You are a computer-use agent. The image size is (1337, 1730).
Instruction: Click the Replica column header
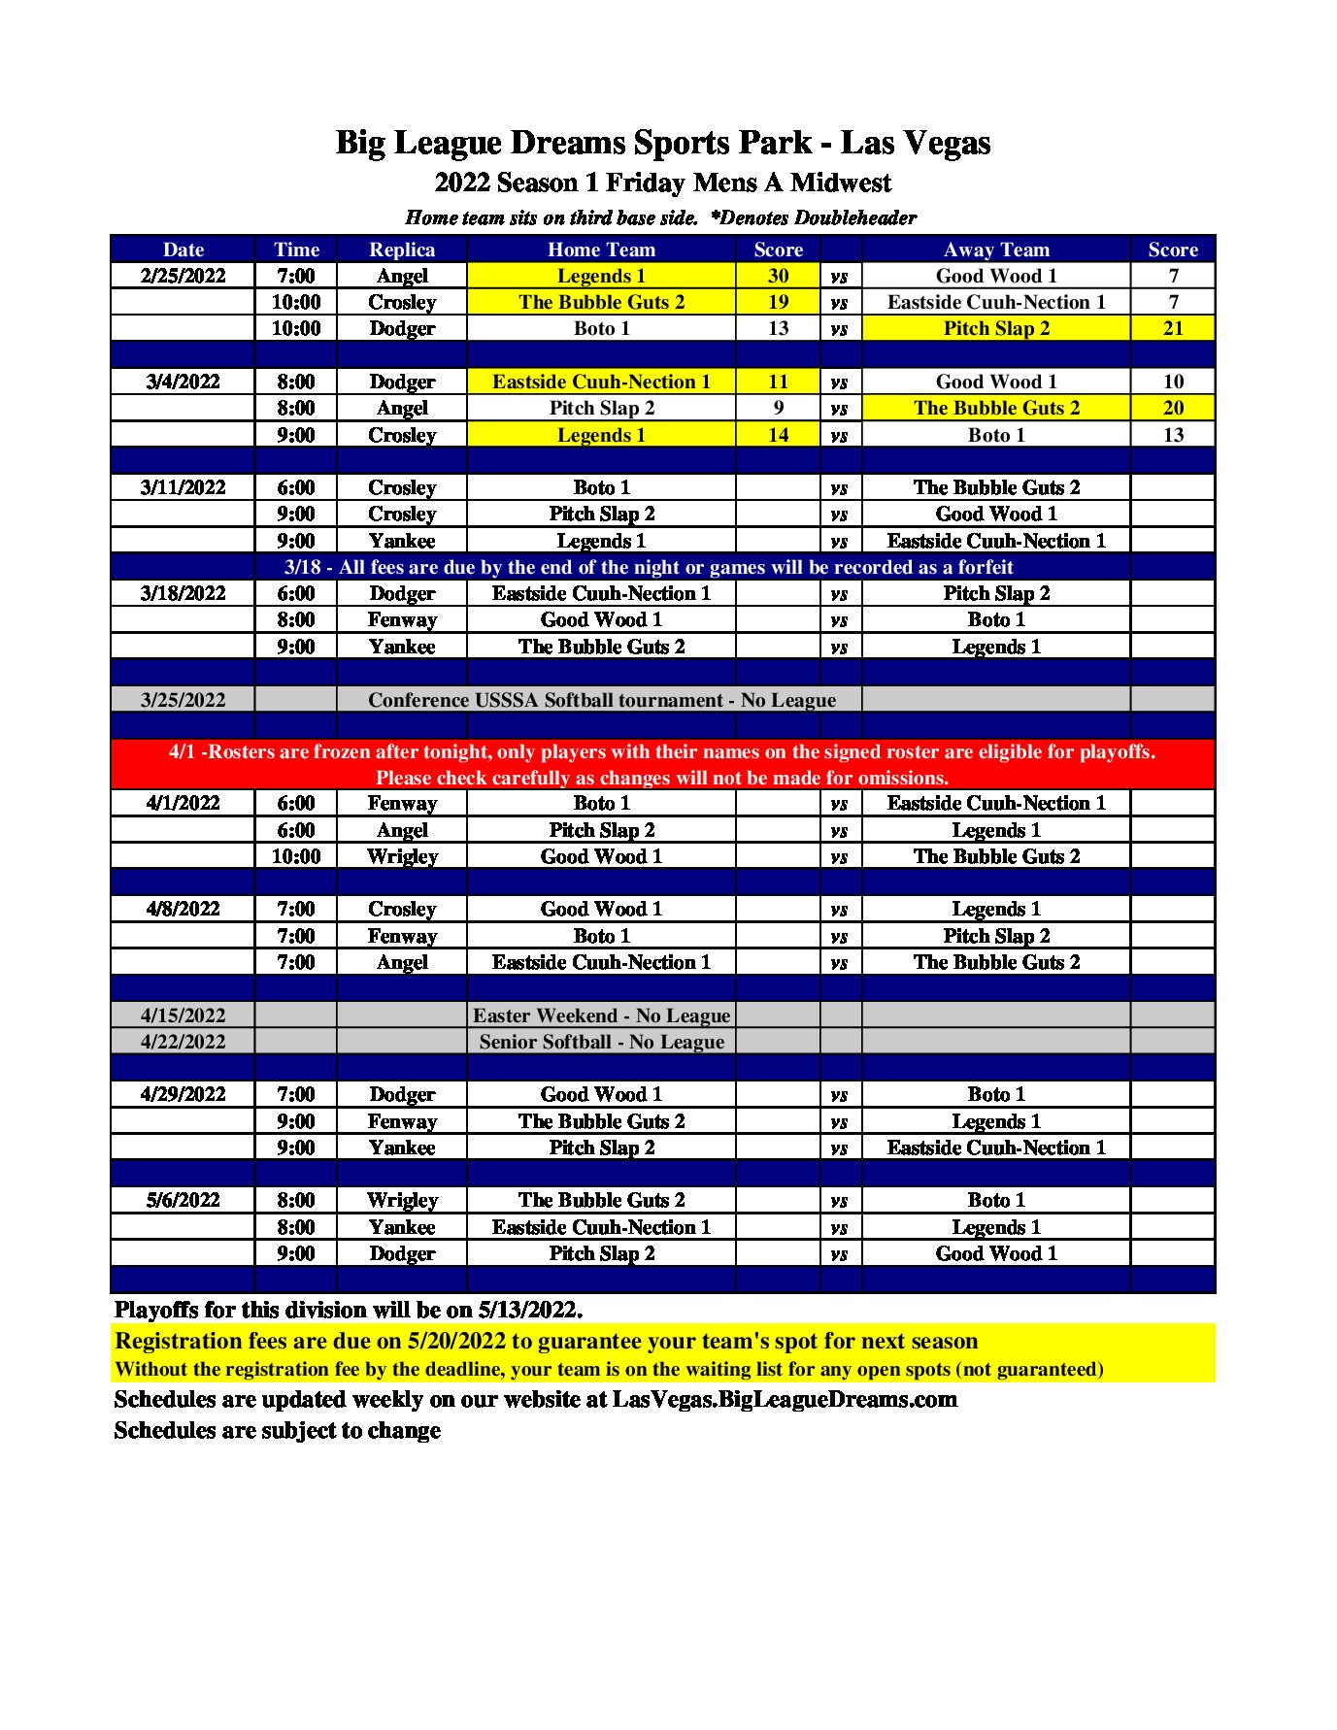point(401,250)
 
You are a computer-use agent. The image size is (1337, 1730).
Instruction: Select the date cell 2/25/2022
point(183,276)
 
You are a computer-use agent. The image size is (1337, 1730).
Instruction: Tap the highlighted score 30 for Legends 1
point(778,276)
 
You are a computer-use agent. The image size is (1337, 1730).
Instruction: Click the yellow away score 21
point(1172,328)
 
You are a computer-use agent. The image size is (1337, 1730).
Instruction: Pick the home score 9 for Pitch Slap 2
point(778,408)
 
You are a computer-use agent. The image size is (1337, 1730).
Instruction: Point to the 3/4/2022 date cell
point(183,382)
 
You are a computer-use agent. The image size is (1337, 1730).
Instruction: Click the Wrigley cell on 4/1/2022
point(401,856)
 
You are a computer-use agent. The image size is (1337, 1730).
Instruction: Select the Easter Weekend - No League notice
point(601,1015)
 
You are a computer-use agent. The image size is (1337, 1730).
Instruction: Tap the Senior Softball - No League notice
point(601,1042)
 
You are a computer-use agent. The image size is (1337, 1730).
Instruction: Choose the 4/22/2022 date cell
point(183,1042)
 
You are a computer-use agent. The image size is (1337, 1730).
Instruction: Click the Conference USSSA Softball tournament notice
point(601,700)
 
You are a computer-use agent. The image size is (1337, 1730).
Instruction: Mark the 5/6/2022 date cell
point(183,1200)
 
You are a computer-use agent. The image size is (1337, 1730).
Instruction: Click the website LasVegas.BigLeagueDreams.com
point(785,1399)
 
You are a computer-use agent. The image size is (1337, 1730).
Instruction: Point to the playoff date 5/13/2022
point(529,1310)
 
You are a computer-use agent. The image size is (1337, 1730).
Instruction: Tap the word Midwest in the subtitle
point(840,183)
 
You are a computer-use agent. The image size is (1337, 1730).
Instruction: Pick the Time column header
point(296,250)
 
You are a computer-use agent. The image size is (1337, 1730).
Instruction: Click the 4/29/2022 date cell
point(183,1094)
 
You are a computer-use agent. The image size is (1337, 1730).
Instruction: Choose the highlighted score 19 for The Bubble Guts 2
point(778,302)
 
